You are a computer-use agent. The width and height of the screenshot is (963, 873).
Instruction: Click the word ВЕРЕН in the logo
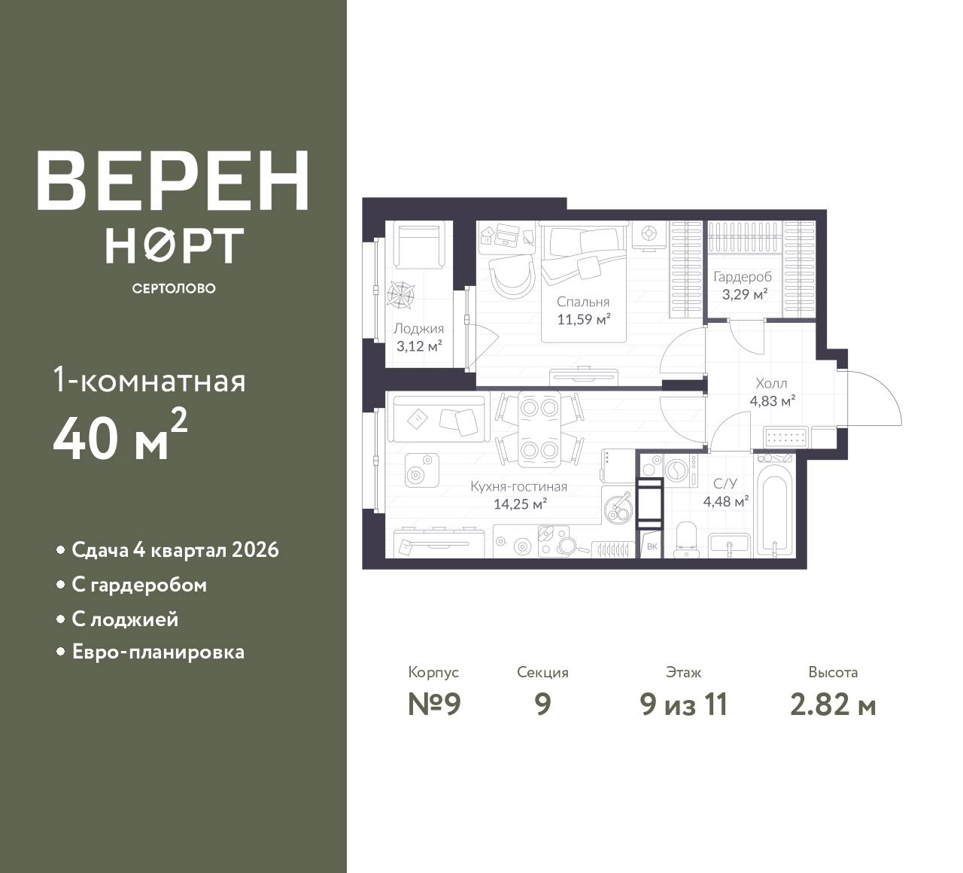pos(173,181)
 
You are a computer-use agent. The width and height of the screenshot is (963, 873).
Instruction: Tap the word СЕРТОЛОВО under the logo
pos(174,288)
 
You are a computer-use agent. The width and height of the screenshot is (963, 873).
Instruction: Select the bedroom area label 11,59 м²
pos(584,319)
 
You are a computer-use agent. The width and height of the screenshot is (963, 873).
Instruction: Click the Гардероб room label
pos(743,277)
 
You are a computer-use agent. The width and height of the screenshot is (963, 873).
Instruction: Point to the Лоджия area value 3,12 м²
pos(419,345)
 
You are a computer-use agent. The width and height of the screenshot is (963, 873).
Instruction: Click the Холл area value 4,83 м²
pos(773,400)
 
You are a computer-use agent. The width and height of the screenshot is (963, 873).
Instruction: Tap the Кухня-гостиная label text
pos(519,486)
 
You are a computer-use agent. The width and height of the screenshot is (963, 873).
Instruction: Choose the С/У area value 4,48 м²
pos(726,501)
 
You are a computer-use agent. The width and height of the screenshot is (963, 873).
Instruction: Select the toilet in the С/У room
pos(685,540)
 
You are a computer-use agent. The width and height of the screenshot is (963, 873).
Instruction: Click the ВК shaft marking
pos(652,546)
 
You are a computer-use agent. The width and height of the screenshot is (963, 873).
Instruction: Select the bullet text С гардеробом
pos(139,586)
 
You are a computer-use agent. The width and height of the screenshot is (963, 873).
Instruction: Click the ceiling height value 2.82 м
pos(834,705)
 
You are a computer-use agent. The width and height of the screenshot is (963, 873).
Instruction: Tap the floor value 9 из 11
pos(684,705)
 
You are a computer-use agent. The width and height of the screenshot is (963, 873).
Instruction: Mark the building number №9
pos(434,705)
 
